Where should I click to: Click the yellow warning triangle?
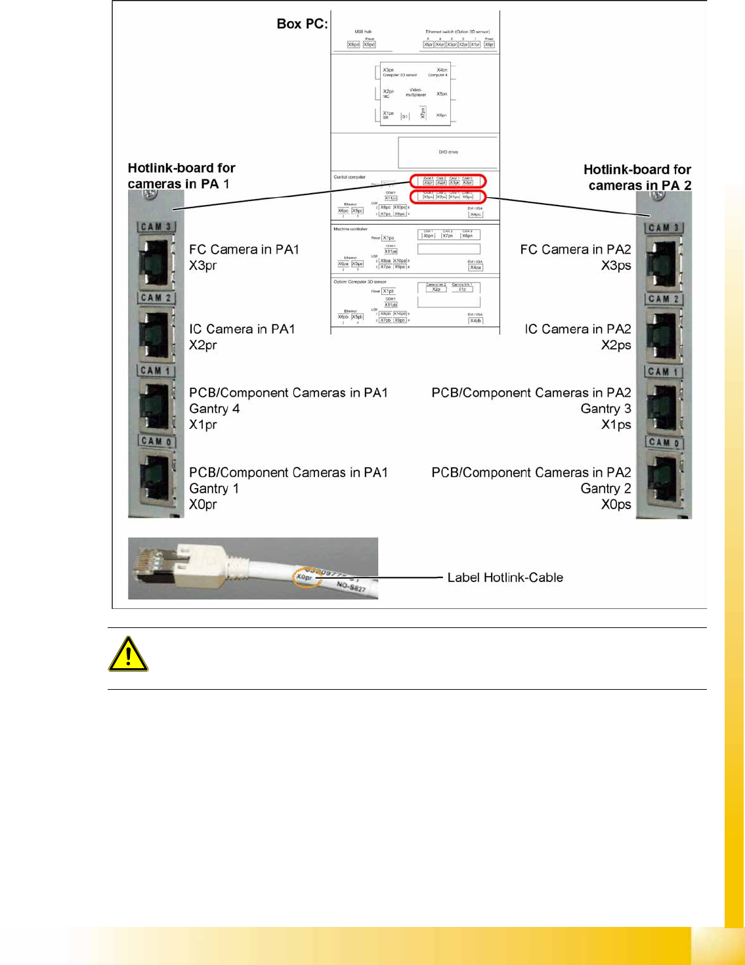point(128,654)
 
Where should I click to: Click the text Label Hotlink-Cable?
point(505,577)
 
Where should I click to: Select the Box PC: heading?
point(302,24)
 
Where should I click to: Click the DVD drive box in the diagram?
point(448,152)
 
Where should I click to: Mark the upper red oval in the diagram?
point(448,181)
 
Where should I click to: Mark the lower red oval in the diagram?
point(448,196)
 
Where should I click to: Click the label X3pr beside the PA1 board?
point(203,265)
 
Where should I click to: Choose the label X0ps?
point(616,505)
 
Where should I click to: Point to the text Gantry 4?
point(214,409)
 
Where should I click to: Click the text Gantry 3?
point(605,409)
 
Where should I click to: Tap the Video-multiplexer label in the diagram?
point(415,93)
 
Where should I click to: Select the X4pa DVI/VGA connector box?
point(475,267)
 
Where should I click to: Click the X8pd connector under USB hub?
point(353,45)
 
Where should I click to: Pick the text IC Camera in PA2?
point(578,329)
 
